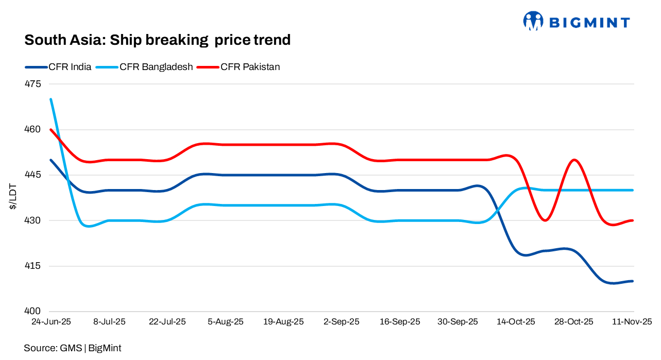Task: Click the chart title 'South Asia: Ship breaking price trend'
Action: click(x=157, y=40)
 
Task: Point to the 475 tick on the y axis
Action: click(x=32, y=84)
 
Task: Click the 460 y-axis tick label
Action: click(x=32, y=129)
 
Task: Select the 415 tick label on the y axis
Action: click(x=32, y=266)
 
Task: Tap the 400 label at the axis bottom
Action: click(x=32, y=312)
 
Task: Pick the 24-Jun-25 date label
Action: click(x=50, y=322)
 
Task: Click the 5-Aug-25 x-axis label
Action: click(x=226, y=322)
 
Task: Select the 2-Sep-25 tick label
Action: click(x=342, y=322)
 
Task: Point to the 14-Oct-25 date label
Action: click(x=516, y=322)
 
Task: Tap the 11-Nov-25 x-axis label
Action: click(x=632, y=322)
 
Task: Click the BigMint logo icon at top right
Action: click(x=533, y=21)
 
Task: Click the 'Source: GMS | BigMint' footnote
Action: click(x=73, y=348)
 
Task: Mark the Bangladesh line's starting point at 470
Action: click(x=50, y=99)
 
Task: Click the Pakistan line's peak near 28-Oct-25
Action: click(x=574, y=160)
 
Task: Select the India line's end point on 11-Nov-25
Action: click(x=633, y=281)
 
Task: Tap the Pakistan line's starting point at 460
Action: click(x=50, y=130)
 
